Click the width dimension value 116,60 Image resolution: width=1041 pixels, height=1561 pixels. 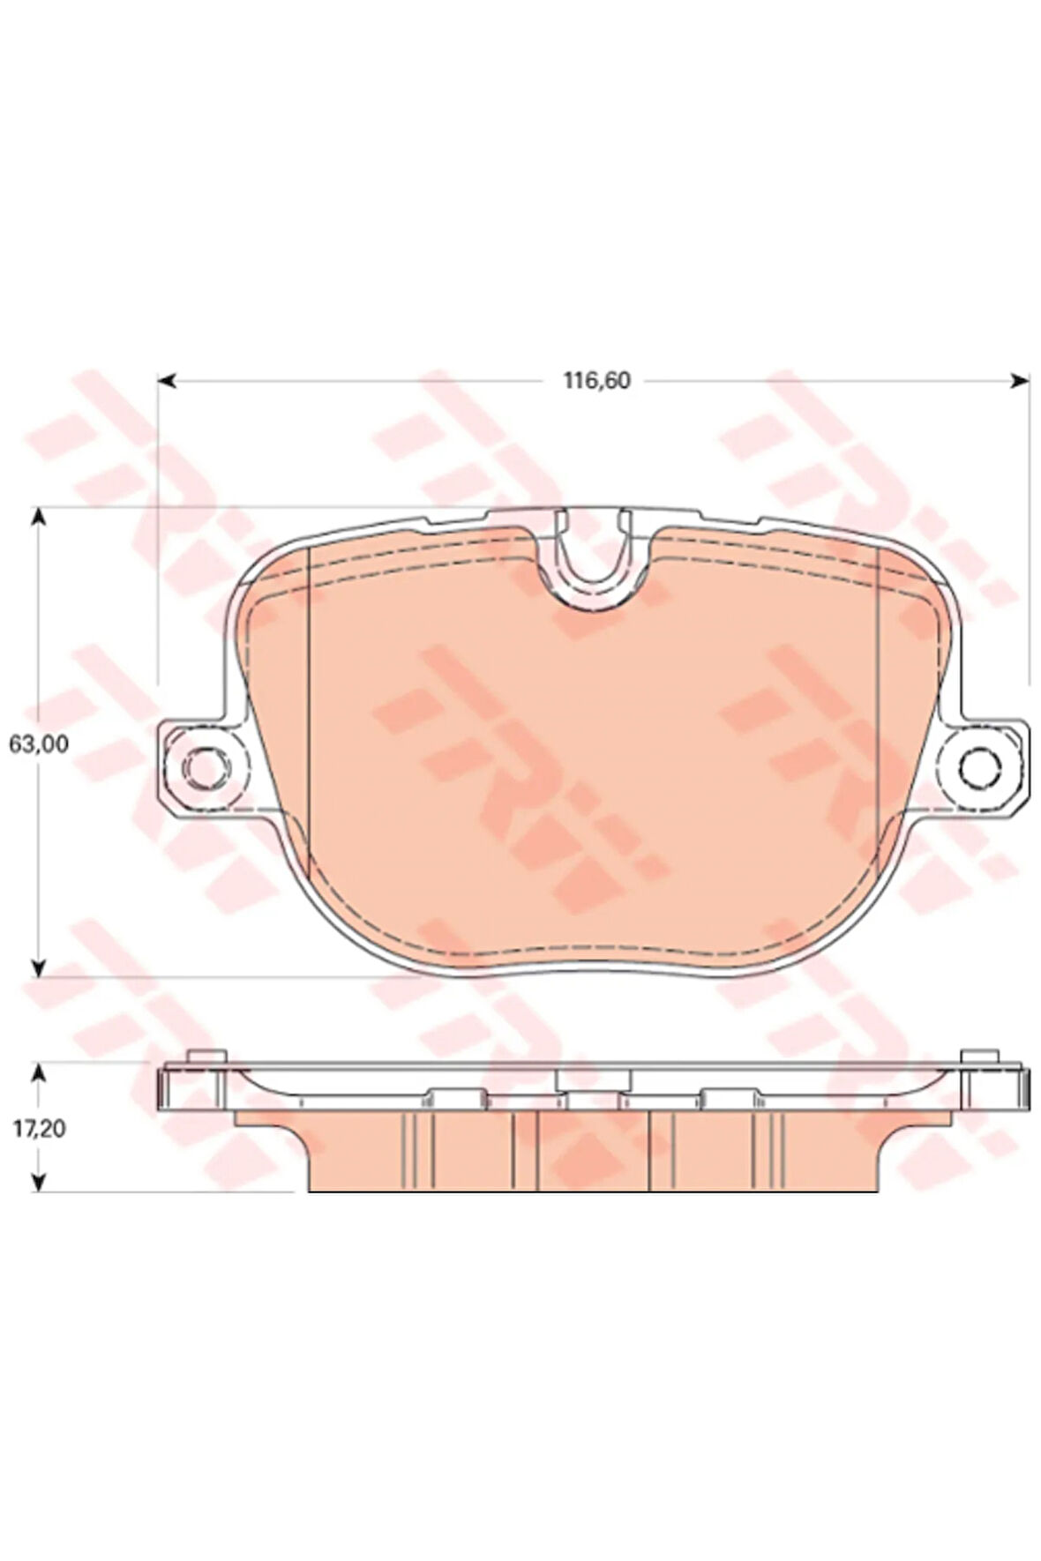click(x=597, y=381)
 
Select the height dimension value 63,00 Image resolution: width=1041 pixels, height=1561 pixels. click(x=39, y=744)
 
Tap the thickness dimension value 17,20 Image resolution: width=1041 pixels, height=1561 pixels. click(x=39, y=1128)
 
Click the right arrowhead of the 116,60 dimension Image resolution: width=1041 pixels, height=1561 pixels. click(x=1019, y=381)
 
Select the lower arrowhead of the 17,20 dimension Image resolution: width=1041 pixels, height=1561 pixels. click(x=38, y=1181)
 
